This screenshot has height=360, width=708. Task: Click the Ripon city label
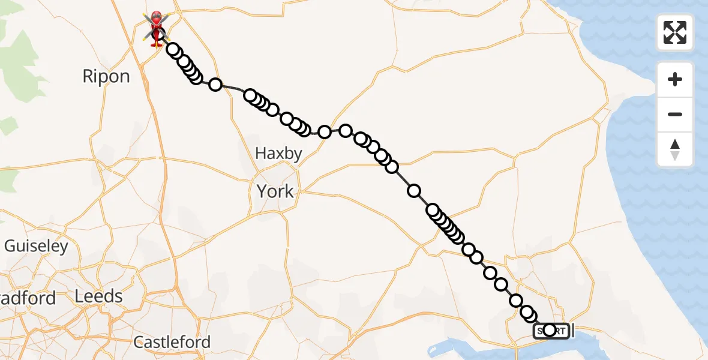click(106, 76)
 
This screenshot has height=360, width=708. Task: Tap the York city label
click(275, 191)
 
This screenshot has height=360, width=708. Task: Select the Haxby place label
click(278, 154)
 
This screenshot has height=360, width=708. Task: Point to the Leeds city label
click(99, 296)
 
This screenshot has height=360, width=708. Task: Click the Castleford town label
click(172, 343)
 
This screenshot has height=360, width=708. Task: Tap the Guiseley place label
click(36, 246)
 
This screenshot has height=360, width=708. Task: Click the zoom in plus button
click(675, 79)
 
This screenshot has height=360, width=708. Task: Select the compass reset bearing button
click(675, 149)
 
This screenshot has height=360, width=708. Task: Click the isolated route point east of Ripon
click(215, 85)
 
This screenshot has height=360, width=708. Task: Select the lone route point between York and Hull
click(414, 191)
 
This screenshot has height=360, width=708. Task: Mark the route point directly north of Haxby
click(287, 119)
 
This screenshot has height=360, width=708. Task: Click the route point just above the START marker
click(528, 313)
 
